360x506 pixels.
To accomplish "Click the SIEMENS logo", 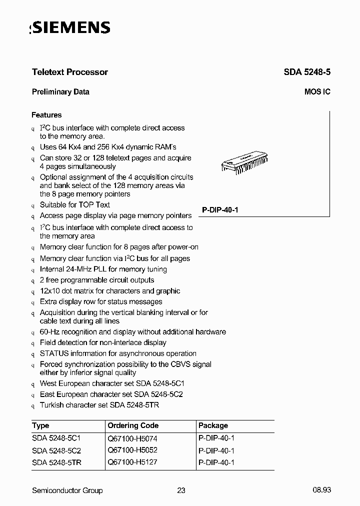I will coord(70,28).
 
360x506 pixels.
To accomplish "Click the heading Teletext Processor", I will coord(70,72).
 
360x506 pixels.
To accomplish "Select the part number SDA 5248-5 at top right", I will coord(307,72).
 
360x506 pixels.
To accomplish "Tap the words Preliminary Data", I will coord(60,92).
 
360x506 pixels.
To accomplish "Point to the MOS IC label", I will coord(317,92).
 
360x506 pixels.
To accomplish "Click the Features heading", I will coord(46,115).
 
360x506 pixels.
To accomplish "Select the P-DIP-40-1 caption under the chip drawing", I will coord(220,210).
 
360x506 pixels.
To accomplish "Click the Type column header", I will coord(40,425).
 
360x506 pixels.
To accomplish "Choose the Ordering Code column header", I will coord(133,425).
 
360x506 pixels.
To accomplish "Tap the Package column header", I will coord(213,425).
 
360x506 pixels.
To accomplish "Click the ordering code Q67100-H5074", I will coord(132,438).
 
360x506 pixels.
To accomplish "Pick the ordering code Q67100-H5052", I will coord(132,450).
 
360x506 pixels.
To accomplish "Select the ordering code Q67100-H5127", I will coord(132,462).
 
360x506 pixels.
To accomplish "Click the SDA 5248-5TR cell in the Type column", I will coord(56,462).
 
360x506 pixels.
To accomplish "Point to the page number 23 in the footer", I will coord(181,490).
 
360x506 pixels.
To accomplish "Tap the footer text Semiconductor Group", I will coord(67,490).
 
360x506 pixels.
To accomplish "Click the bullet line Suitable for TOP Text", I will coord(75,204).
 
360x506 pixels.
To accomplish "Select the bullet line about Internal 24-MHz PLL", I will coord(103,269).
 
